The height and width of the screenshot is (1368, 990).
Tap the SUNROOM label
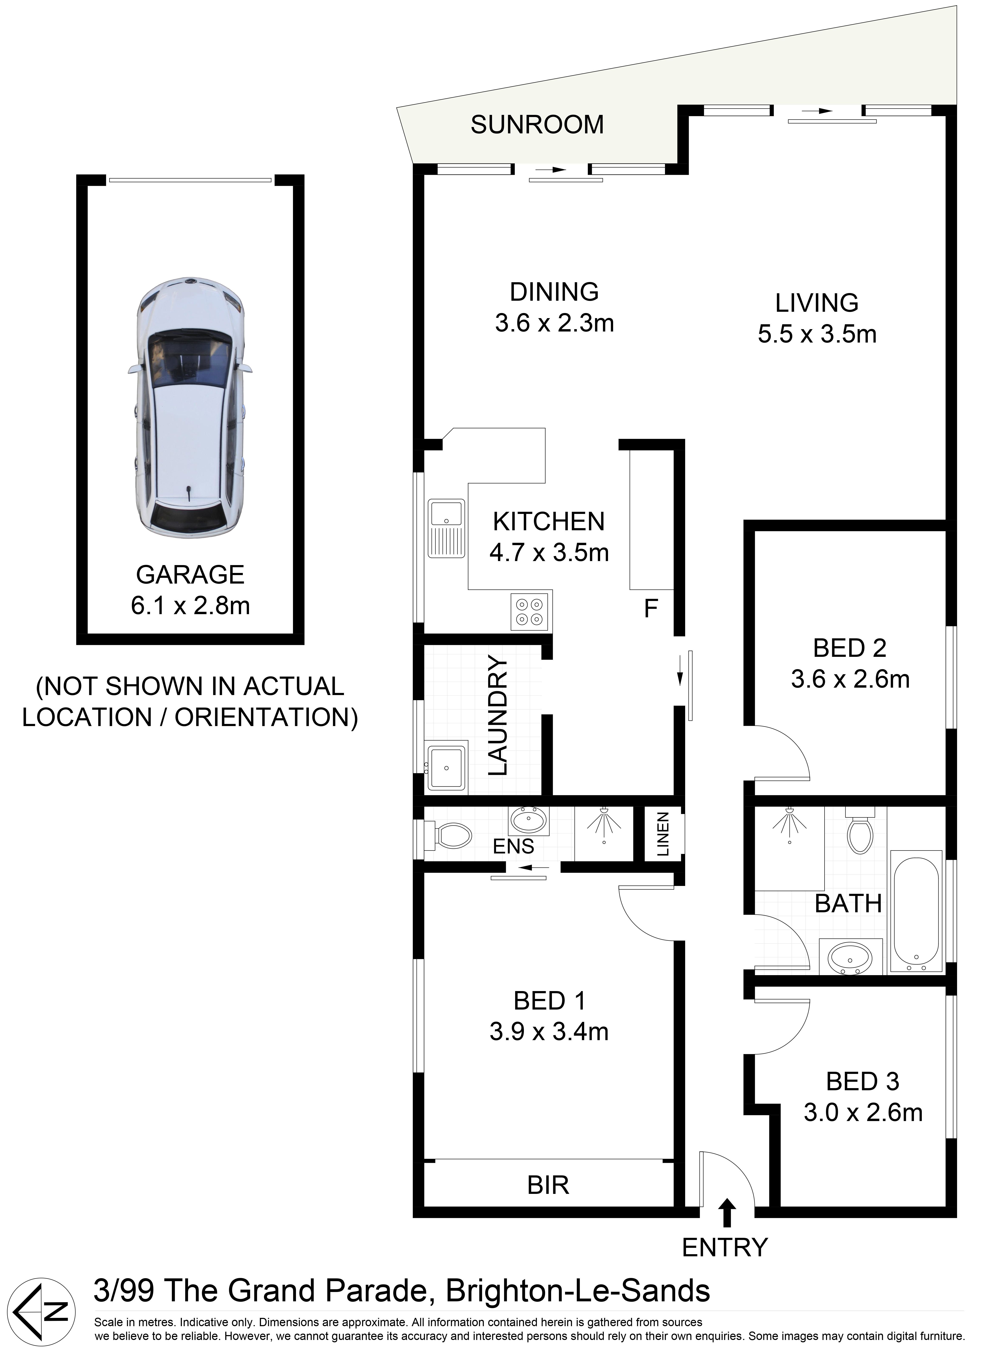click(537, 125)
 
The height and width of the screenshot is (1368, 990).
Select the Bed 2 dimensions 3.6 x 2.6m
click(850, 679)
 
